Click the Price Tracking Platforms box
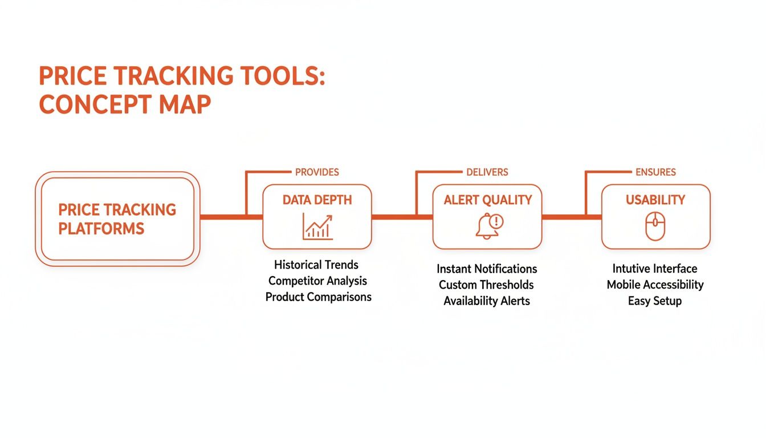(x=117, y=219)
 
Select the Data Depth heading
(x=317, y=200)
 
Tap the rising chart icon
(x=317, y=226)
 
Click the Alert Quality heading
(x=487, y=200)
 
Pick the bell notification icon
(x=488, y=226)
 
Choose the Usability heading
(x=655, y=200)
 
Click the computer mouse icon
(x=655, y=226)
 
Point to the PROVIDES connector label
(x=317, y=172)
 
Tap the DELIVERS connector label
(x=487, y=172)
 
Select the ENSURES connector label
(x=655, y=172)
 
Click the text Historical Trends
(x=316, y=265)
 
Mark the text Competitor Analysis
(x=317, y=281)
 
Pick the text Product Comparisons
(x=318, y=297)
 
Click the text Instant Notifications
(x=487, y=269)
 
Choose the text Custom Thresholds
(x=486, y=285)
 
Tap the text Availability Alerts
(x=487, y=301)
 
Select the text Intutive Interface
(x=655, y=269)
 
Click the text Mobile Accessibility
(x=655, y=285)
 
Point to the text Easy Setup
(x=655, y=301)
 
